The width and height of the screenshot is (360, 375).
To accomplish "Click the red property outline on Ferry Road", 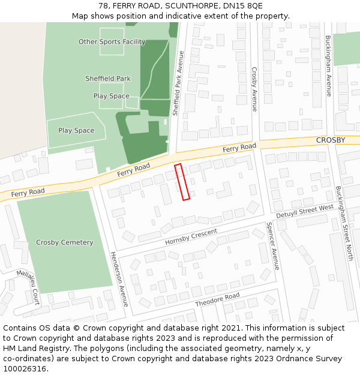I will (x=182, y=182).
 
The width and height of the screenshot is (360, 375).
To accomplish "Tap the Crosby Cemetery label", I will (x=64, y=242).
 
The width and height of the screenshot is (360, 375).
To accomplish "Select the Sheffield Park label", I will (x=108, y=79).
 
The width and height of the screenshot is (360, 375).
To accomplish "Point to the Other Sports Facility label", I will (x=112, y=42).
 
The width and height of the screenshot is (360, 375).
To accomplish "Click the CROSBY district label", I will (x=331, y=140).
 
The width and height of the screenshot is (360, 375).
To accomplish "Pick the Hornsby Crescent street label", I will (x=191, y=236).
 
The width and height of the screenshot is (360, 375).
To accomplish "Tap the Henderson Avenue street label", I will (x=119, y=279).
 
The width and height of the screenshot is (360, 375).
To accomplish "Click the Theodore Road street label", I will (x=217, y=300).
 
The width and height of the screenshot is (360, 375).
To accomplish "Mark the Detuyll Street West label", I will (x=305, y=211).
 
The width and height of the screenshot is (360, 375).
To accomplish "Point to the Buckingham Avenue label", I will (x=328, y=66).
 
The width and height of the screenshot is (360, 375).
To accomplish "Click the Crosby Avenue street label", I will (x=254, y=89).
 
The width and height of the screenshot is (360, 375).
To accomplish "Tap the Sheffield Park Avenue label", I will (x=178, y=83).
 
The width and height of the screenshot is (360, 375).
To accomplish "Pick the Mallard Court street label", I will (x=28, y=287).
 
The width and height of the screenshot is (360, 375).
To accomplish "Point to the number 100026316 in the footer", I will (x=25, y=368).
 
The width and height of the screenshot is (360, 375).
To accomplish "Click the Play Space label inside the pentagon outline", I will (x=76, y=130).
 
